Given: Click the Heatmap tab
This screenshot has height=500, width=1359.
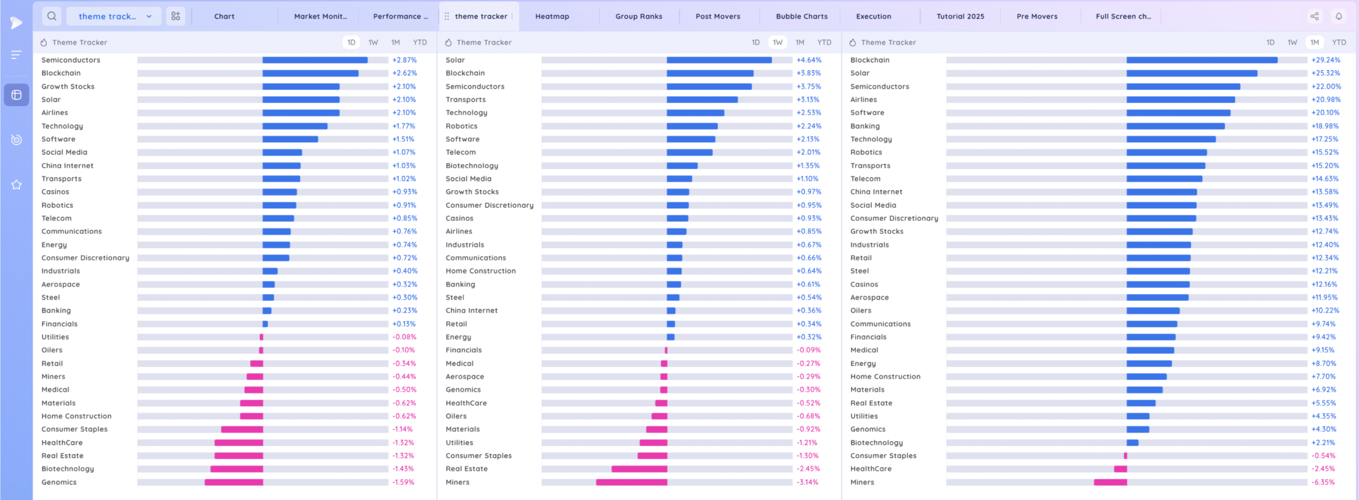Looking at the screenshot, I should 552,16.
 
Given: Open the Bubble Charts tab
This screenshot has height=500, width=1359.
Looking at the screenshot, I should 801,16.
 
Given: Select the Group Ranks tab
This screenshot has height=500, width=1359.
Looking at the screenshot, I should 639,16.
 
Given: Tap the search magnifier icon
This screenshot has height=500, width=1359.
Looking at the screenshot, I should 51,16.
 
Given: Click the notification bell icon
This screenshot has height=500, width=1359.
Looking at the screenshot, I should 1338,16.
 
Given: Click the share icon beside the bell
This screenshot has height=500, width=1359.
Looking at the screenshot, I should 1314,16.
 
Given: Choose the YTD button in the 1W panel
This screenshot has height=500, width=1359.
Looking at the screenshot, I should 824,43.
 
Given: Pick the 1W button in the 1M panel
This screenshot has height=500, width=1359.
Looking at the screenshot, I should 1292,43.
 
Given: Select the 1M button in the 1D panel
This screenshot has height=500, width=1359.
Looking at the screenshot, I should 395,43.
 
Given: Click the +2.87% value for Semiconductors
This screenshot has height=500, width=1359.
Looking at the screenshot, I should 405,60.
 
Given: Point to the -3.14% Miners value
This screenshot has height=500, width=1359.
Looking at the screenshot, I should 807,482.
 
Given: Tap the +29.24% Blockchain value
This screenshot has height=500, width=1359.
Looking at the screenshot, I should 1326,60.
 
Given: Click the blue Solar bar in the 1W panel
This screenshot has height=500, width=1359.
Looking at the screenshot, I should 719,60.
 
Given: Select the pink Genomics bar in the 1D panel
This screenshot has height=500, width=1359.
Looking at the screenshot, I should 234,482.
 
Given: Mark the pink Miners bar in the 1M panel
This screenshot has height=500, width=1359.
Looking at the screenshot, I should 1110,482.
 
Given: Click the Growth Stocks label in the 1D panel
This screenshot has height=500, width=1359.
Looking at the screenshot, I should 68,87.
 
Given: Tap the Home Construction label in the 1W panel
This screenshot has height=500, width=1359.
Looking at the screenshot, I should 480,271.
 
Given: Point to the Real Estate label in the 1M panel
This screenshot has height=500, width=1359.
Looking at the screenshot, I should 871,403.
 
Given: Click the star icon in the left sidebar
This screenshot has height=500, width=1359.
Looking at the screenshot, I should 16,185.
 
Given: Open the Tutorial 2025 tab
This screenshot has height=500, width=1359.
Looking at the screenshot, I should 960,16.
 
